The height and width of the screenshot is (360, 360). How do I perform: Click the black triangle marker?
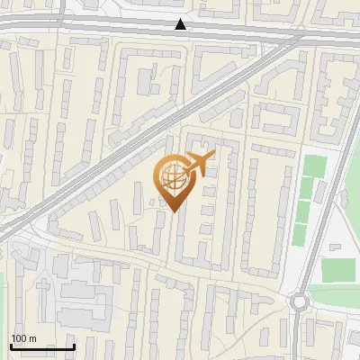[181, 24]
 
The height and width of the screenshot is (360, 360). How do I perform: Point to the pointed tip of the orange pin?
[172, 212]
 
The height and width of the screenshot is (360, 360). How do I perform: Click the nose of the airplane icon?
[214, 156]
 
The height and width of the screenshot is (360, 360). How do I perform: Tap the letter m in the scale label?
[33, 338]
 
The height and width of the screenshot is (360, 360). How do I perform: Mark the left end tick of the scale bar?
[11, 346]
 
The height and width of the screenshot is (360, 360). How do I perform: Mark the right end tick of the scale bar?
[74, 346]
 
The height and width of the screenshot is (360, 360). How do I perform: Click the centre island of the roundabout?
[300, 302]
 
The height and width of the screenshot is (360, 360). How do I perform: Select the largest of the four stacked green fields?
[314, 166]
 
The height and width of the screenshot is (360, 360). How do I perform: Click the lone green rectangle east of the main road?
[337, 269]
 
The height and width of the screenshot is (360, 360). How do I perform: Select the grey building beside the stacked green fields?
[321, 191]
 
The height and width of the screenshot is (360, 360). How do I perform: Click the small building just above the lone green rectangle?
[335, 247]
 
